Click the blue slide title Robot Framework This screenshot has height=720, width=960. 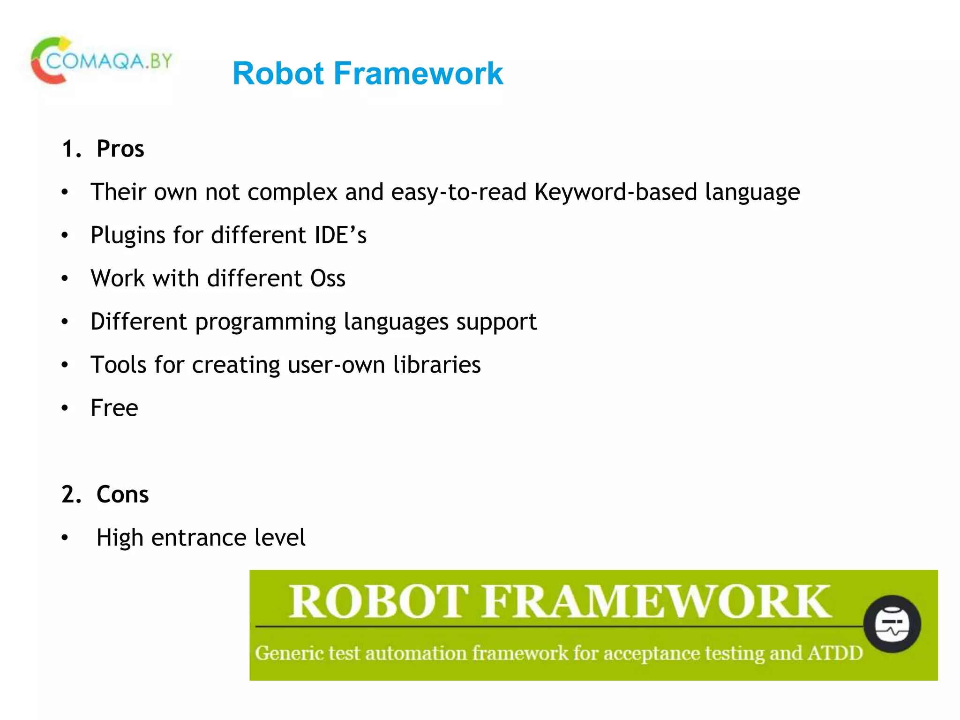pyautogui.click(x=367, y=74)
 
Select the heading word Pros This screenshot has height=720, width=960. pyautogui.click(x=120, y=149)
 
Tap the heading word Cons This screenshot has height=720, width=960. pyautogui.click(x=122, y=495)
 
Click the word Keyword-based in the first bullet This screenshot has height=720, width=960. pyautogui.click(x=615, y=192)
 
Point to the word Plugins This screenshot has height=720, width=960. pyautogui.click(x=127, y=236)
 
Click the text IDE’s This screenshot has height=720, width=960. pyautogui.click(x=340, y=235)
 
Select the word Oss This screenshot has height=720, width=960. pyautogui.click(x=328, y=278)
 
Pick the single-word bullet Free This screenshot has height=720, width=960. pyautogui.click(x=114, y=408)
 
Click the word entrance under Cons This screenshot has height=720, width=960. pyautogui.click(x=199, y=538)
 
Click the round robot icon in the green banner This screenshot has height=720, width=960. pyautogui.click(x=892, y=624)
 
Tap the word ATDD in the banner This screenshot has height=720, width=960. pyautogui.click(x=835, y=653)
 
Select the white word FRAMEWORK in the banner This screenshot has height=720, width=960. pyautogui.click(x=656, y=602)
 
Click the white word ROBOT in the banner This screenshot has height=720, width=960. pyautogui.click(x=378, y=602)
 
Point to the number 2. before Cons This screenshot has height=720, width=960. pyautogui.click(x=71, y=495)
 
